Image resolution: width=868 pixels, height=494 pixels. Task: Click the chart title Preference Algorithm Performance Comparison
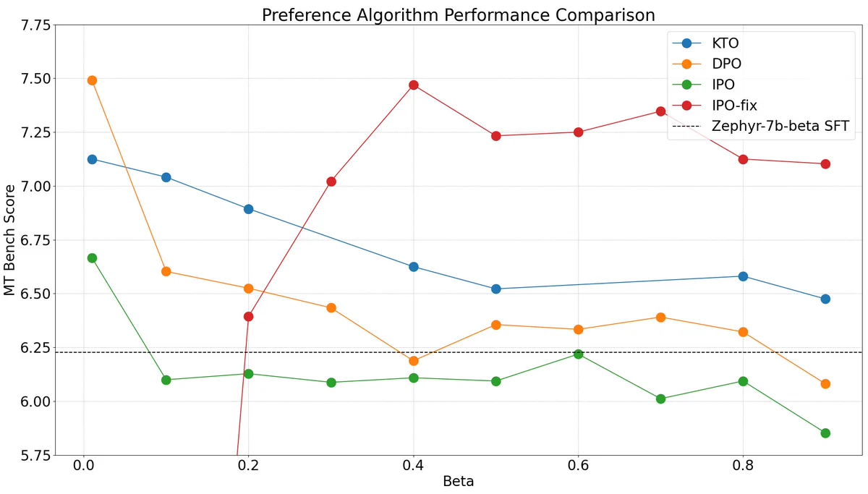click(x=459, y=15)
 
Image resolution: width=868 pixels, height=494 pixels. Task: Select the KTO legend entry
click(x=705, y=43)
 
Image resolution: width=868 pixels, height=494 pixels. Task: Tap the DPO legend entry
click(x=707, y=64)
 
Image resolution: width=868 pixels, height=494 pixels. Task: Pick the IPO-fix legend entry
click(x=714, y=106)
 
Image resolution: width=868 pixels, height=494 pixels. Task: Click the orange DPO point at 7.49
click(x=92, y=80)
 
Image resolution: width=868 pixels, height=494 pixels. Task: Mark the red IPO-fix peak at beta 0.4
click(x=414, y=85)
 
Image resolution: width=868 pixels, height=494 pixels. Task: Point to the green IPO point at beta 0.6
click(x=578, y=354)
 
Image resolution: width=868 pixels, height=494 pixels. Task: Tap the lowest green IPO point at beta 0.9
click(x=825, y=433)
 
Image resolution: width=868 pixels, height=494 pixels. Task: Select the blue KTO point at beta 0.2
click(x=248, y=209)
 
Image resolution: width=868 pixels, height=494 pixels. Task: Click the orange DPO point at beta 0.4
click(x=414, y=361)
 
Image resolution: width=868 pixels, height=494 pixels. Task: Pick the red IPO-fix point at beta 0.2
click(x=248, y=317)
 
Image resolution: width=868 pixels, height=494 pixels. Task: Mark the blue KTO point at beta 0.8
click(x=743, y=276)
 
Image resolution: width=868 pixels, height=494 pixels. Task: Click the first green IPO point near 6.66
click(x=92, y=258)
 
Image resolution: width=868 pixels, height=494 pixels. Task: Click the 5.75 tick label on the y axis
click(x=35, y=456)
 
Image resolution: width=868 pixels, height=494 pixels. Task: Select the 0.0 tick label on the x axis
click(x=84, y=465)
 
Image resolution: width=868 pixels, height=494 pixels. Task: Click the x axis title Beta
click(x=459, y=482)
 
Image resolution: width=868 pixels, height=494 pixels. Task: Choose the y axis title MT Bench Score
click(x=9, y=240)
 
